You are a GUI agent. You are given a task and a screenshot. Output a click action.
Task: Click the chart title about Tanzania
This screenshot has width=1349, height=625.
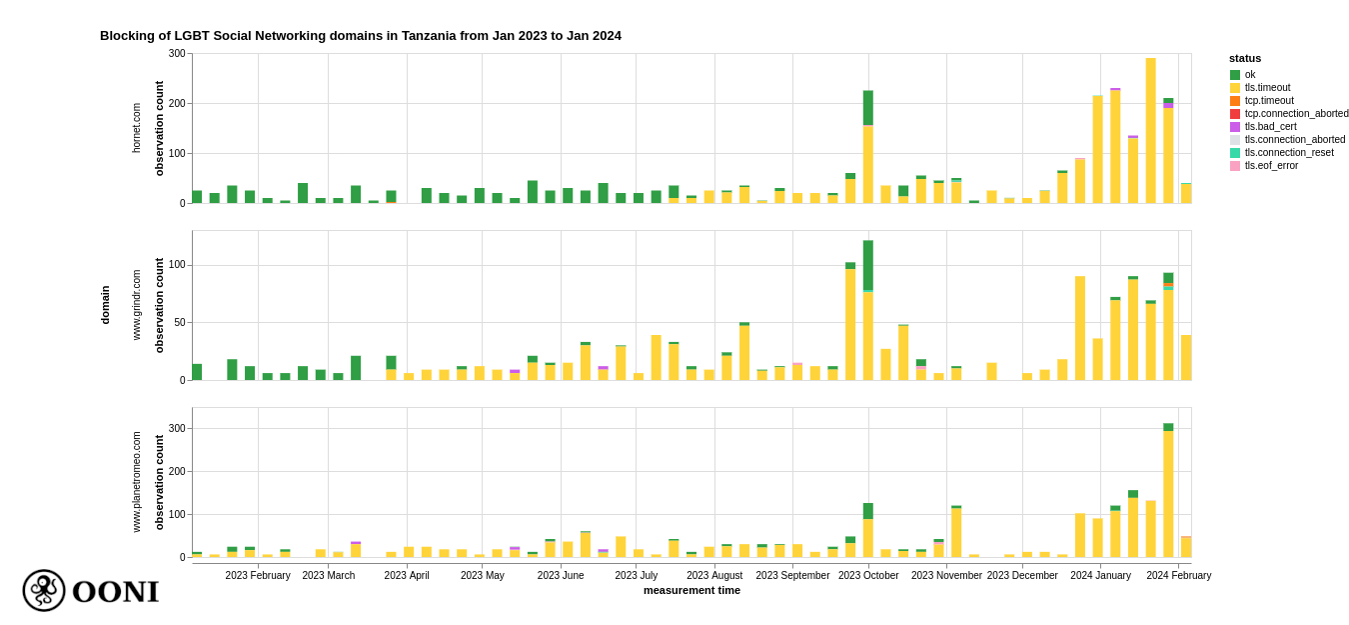tap(360, 36)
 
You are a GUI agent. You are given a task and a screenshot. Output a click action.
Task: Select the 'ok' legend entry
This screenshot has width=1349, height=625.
tap(1249, 75)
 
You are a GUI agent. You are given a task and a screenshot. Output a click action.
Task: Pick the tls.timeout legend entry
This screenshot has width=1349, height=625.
tap(1266, 88)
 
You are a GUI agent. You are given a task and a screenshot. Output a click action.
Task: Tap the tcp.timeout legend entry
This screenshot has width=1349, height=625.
tap(1268, 101)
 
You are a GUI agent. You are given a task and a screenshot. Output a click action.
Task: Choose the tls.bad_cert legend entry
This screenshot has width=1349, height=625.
tap(1269, 127)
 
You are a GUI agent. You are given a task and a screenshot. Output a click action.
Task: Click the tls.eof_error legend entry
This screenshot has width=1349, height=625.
tap(1270, 166)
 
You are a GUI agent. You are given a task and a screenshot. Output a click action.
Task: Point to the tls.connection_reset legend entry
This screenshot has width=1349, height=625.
tap(1288, 153)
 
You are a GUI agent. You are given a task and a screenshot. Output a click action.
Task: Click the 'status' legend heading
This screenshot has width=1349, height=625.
tap(1245, 58)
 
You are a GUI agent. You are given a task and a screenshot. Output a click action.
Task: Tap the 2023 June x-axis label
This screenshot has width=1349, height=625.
tap(561, 575)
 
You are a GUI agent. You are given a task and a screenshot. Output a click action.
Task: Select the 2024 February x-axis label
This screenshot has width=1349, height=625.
tap(1178, 575)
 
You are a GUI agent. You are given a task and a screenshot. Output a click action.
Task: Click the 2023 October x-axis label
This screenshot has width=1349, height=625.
tap(868, 575)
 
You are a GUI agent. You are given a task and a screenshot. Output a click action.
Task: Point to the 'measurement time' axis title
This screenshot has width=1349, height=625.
tap(691, 590)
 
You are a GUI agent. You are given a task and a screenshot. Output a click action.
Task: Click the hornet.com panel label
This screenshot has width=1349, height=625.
tap(137, 128)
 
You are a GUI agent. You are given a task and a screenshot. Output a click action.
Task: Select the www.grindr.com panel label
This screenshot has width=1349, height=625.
tap(137, 305)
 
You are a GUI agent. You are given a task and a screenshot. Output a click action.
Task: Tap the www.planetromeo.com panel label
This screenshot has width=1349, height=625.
tap(137, 482)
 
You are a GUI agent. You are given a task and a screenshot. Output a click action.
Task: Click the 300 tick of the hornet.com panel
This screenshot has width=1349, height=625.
tap(177, 54)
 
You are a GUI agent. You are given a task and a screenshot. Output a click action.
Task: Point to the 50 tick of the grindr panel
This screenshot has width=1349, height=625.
tap(180, 323)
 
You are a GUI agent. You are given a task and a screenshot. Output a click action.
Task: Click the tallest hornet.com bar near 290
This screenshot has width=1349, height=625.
tap(1150, 130)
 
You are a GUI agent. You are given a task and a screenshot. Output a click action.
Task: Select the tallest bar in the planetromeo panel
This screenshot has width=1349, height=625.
tap(1168, 490)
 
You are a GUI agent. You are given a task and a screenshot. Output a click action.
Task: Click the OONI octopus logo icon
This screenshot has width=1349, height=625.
tap(44, 590)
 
